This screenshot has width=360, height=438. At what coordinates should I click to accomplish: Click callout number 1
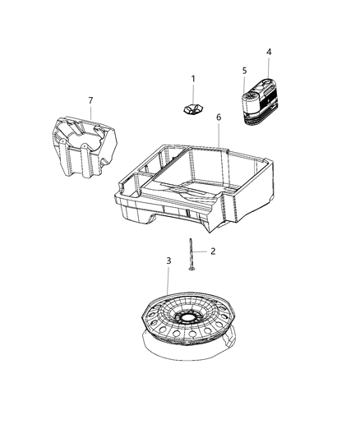pos(194,79)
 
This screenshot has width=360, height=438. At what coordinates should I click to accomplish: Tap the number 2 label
pos(212,251)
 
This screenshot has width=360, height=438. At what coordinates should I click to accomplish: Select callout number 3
pos(168,261)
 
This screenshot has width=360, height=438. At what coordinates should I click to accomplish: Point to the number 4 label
pos(268,52)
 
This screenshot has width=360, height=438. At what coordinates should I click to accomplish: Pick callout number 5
pos(243,71)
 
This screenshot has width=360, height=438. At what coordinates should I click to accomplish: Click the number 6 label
pos(218,118)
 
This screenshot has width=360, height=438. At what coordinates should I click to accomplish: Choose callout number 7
pos(90,100)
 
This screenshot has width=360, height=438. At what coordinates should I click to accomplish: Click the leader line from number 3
pos(169,284)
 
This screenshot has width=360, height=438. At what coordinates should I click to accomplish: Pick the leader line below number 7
pos(90,115)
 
